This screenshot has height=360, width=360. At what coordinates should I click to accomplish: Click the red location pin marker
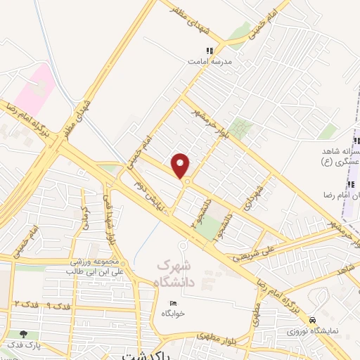(181, 165)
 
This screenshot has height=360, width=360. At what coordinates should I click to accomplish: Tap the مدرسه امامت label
(209, 62)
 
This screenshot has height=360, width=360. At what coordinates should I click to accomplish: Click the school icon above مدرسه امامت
(209, 51)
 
